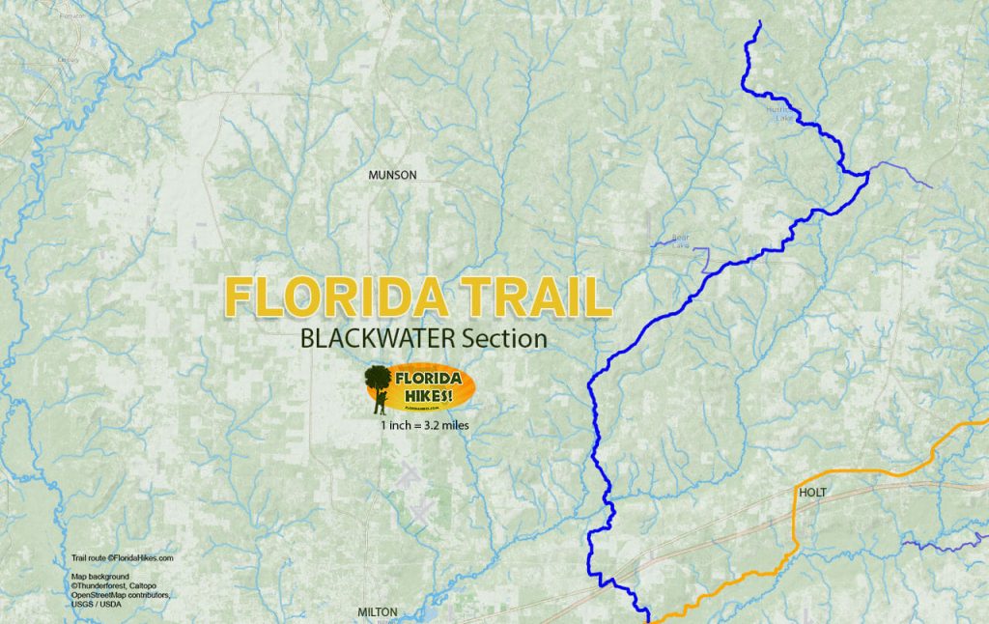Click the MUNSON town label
click(392, 175)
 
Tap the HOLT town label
click(814, 493)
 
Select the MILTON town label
click(378, 612)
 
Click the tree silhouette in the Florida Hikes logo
click(378, 378)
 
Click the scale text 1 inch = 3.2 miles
click(425, 425)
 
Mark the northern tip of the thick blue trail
click(760, 22)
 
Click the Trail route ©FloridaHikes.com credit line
click(123, 558)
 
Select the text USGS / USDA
click(97, 605)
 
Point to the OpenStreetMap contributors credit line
click(122, 595)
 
